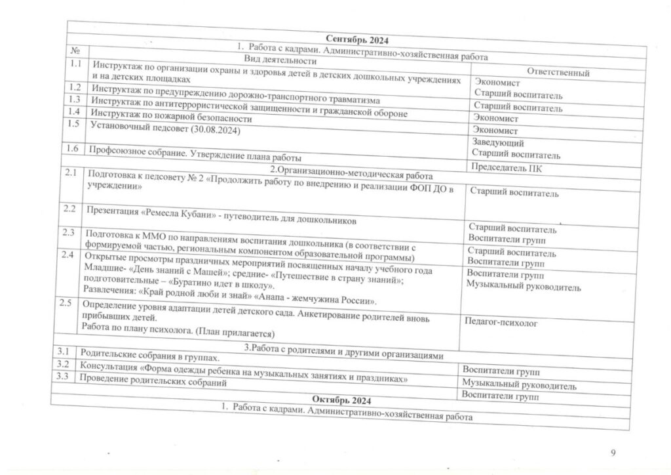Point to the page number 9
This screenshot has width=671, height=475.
click(x=613, y=452)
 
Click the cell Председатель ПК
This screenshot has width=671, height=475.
click(x=507, y=167)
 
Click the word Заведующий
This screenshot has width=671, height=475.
click(x=497, y=142)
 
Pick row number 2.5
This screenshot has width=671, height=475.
click(x=66, y=303)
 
